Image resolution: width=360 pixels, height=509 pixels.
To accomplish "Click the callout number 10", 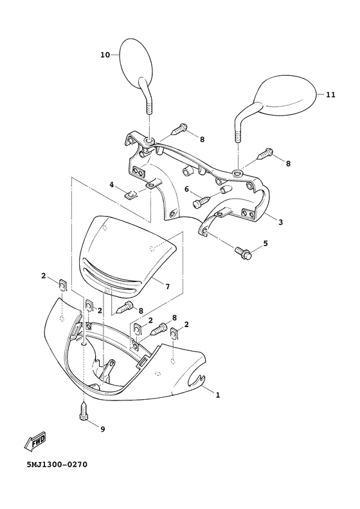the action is point(105,55).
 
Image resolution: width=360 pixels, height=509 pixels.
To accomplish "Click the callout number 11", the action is point(330,94).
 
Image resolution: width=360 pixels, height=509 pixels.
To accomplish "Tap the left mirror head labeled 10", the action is point(136,60).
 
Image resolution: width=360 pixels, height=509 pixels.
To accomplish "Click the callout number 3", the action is point(280,222).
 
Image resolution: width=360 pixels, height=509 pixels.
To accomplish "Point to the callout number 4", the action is point(112,184).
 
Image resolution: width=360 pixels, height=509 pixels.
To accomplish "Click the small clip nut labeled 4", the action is point(130,195).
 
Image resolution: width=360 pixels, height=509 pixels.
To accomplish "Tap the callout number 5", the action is point(265,243).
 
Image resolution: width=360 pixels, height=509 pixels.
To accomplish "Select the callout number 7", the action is point(167,287).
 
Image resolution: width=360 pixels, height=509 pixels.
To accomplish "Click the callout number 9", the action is point(103,429).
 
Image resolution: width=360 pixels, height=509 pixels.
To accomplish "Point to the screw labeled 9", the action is point(84,411).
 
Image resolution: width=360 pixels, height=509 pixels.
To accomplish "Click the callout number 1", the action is point(218,395).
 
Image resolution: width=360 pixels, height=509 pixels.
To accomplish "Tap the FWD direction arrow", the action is point(35,442).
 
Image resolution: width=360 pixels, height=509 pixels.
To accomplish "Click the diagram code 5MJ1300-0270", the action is point(57,465).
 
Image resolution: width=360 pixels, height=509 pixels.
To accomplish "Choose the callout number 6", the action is point(186,189).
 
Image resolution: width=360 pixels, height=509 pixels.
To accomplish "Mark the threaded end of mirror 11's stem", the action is point(238,132).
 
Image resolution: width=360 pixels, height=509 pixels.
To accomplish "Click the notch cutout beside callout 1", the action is point(197,379).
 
